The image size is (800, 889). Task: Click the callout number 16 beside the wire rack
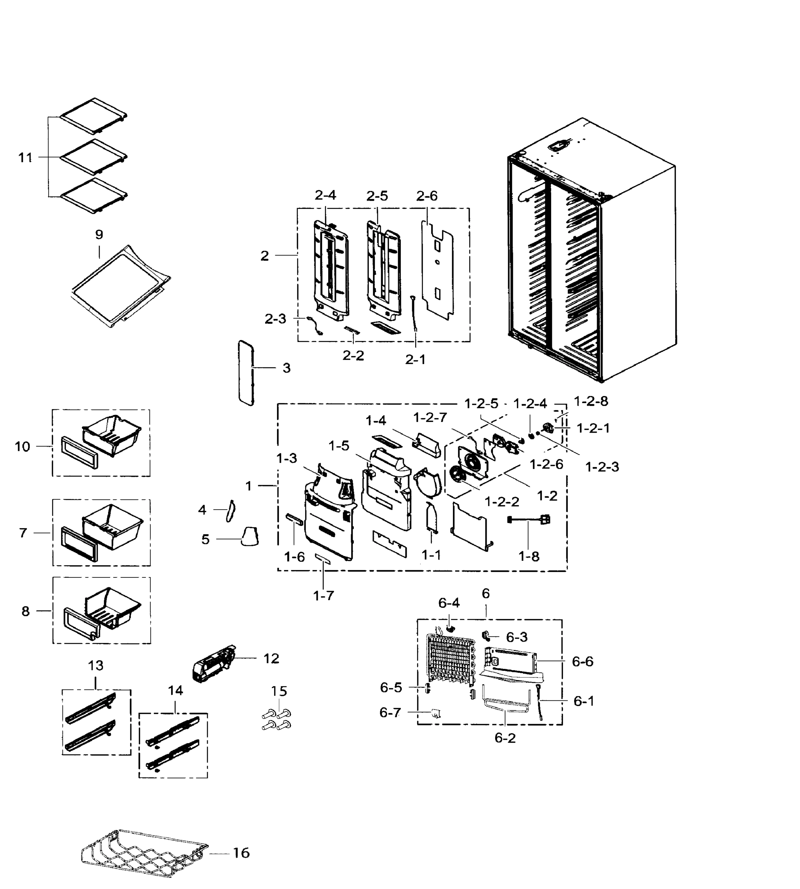pos(241,853)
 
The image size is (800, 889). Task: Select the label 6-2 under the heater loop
pos(504,738)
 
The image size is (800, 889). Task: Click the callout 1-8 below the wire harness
pos(529,557)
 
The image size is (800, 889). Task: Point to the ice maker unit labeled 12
pos(214,664)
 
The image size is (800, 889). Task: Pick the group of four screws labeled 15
pos(276,719)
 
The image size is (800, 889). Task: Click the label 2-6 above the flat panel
pos(426,196)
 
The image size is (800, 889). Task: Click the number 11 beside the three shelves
pos(26,157)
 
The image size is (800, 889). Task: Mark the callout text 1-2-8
pos(591,401)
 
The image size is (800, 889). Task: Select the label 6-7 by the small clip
pos(390,713)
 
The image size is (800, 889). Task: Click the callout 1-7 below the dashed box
pos(323,596)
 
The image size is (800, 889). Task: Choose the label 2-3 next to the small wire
pos(275,319)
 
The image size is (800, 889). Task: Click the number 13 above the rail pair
pos(96,666)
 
